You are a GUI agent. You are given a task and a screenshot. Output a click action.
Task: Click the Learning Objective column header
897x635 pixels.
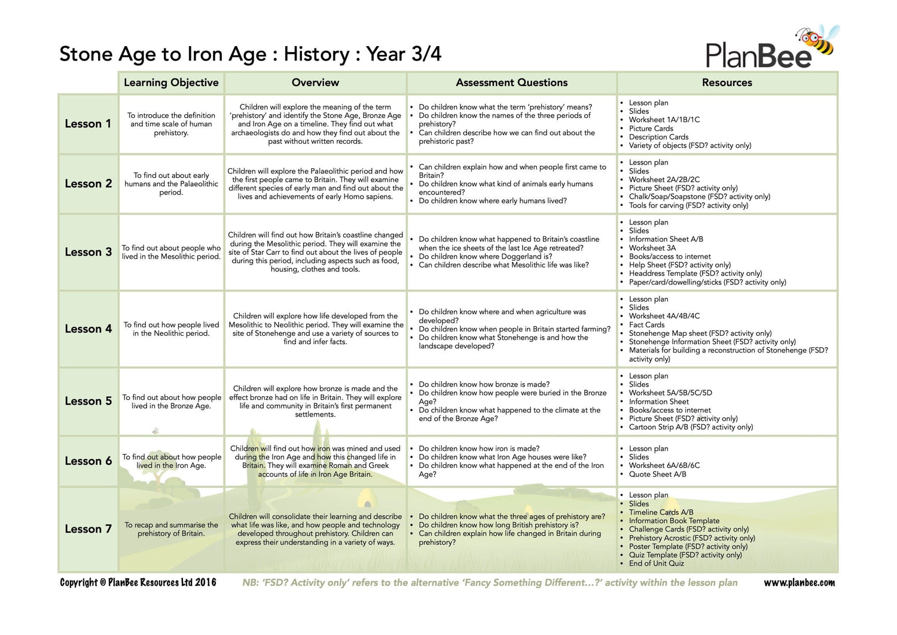pyautogui.click(x=171, y=83)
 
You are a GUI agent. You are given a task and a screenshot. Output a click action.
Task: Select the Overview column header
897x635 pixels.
pyautogui.click(x=315, y=83)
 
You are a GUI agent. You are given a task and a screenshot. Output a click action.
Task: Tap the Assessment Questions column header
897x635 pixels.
pyautogui.click(x=511, y=83)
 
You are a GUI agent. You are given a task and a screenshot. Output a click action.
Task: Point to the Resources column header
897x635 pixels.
pyautogui.click(x=727, y=83)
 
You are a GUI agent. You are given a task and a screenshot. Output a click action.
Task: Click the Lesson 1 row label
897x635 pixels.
pyautogui.click(x=88, y=124)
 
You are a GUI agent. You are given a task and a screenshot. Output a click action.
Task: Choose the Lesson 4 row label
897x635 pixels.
pyautogui.click(x=88, y=329)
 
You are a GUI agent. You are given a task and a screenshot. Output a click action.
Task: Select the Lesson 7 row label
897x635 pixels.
pyautogui.click(x=88, y=529)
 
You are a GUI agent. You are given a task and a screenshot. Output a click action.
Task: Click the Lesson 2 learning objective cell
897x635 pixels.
pyautogui.click(x=171, y=184)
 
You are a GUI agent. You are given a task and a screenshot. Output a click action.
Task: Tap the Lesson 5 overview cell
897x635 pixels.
pyautogui.click(x=315, y=401)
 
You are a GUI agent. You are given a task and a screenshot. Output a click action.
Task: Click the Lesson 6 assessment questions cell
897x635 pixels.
pyautogui.click(x=511, y=461)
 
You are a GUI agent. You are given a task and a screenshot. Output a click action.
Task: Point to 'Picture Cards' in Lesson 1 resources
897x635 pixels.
pyautogui.click(x=651, y=129)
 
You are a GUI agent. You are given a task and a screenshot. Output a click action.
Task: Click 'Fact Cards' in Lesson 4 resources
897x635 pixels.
pyautogui.click(x=646, y=325)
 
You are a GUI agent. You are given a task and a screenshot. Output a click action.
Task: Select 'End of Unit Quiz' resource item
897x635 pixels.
pyautogui.click(x=656, y=563)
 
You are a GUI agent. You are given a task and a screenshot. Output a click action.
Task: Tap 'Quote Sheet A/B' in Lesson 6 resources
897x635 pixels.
pyautogui.click(x=657, y=474)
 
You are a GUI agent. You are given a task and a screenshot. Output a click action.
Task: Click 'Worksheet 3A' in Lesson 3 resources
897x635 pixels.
pyautogui.click(x=652, y=248)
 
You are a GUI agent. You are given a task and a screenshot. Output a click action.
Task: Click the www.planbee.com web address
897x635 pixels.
pyautogui.click(x=799, y=583)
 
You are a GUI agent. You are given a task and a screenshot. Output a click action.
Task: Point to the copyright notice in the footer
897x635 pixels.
pyautogui.click(x=138, y=583)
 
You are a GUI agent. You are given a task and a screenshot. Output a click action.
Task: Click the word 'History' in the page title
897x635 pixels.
pyautogui.click(x=316, y=54)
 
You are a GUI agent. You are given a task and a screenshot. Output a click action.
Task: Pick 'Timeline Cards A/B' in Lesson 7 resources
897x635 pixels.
pyautogui.click(x=661, y=512)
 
